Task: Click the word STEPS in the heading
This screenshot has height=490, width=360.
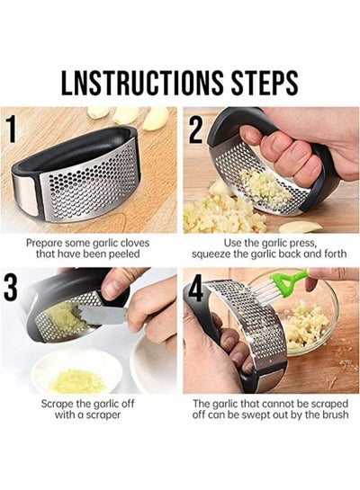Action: click(265, 83)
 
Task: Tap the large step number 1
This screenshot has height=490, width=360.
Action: click(12, 129)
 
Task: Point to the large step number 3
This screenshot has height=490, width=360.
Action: click(11, 288)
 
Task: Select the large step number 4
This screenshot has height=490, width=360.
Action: click(196, 290)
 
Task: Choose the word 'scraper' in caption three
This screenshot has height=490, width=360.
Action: click(103, 415)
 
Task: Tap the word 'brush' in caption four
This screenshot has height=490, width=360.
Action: click(336, 414)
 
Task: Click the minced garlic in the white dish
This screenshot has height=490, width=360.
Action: click(77, 380)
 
